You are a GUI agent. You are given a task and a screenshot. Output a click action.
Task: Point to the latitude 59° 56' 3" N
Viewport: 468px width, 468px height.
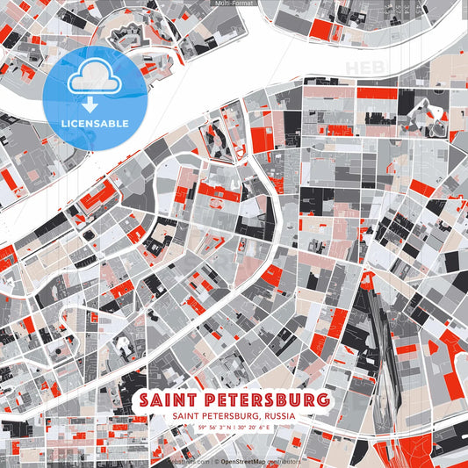point(216,427)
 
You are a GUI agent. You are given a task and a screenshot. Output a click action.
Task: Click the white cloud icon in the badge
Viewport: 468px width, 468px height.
point(95,80)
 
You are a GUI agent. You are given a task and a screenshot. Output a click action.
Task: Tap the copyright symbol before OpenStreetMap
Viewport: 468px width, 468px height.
point(216,461)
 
